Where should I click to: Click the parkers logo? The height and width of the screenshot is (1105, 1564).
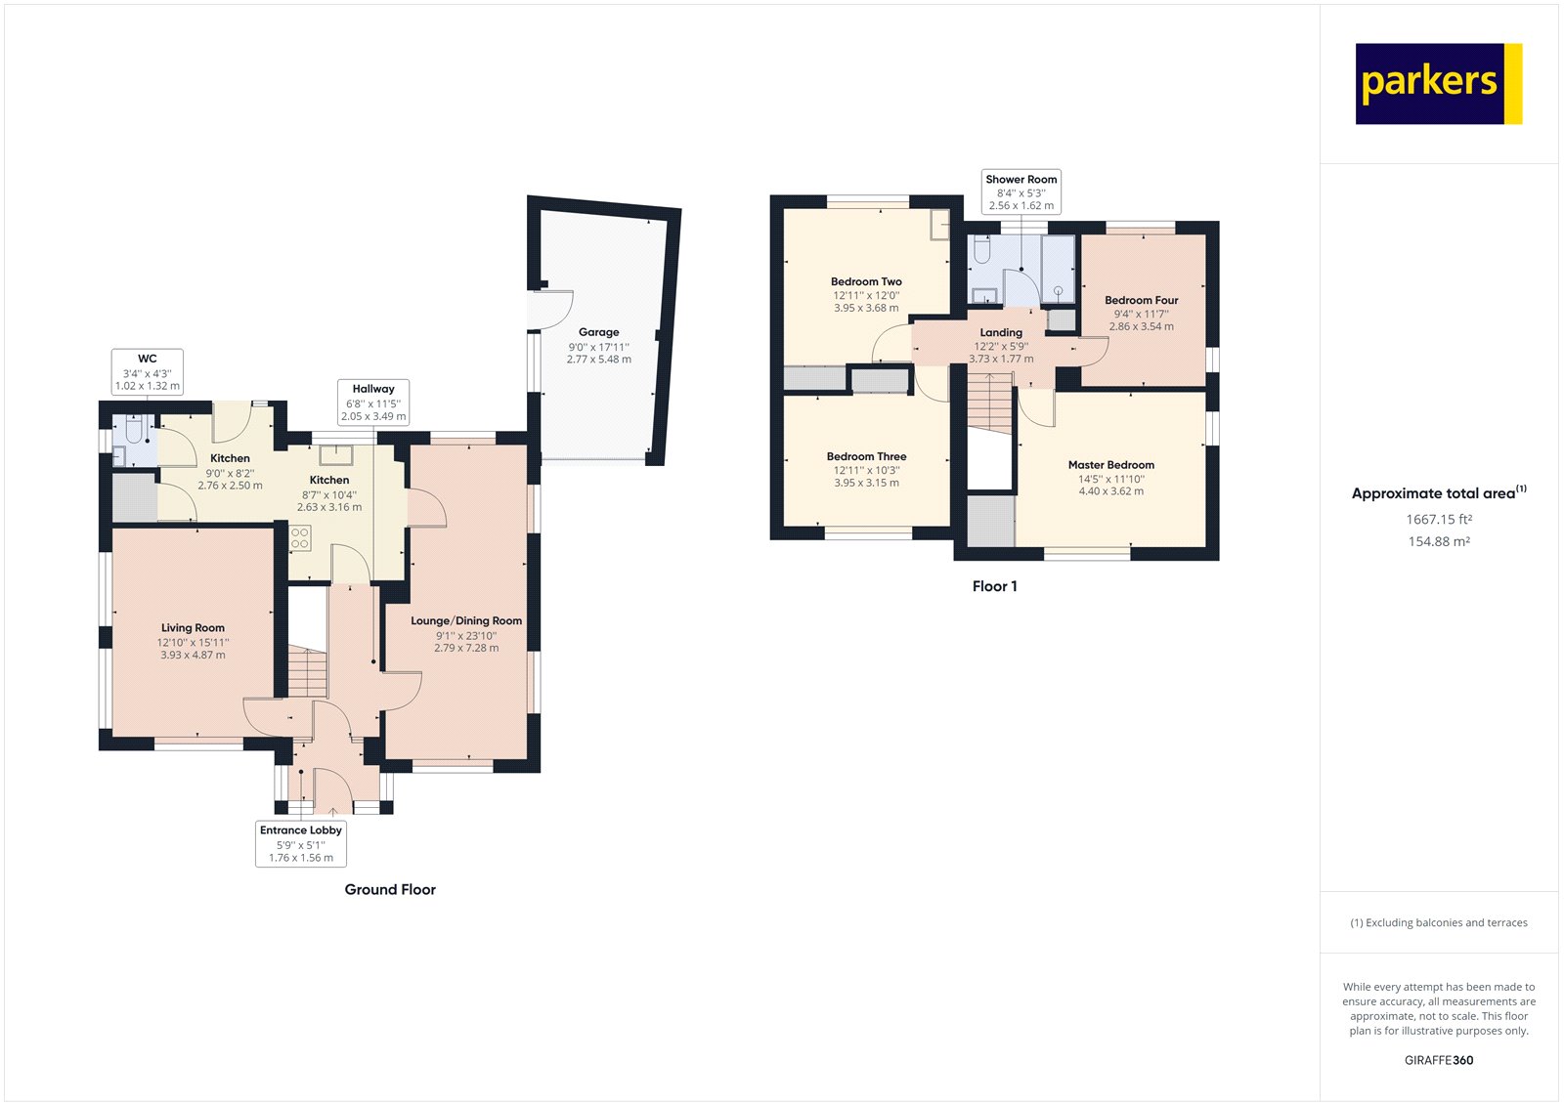(1438, 84)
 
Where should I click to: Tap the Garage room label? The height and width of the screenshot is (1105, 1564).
(598, 332)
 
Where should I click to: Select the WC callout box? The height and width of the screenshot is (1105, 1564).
(148, 372)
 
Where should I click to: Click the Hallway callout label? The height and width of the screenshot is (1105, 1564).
(373, 403)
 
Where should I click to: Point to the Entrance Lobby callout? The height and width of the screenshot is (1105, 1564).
(301, 843)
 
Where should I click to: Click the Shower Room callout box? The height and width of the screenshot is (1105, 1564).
(1021, 191)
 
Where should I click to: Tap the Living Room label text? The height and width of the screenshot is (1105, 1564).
(193, 628)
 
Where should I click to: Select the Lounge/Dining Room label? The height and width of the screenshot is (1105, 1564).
(466, 621)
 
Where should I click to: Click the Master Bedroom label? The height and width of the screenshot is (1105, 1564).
(1110, 465)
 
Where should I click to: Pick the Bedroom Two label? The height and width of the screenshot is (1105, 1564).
(866, 281)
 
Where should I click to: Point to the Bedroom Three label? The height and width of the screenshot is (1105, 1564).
(866, 456)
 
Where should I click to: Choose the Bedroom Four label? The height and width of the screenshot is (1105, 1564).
(1141, 300)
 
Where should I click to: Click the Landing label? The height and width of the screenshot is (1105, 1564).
(1001, 332)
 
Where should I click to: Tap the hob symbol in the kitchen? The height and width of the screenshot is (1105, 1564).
(300, 537)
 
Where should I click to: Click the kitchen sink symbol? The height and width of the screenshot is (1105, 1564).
(335, 454)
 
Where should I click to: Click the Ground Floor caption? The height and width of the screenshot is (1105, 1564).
(390, 889)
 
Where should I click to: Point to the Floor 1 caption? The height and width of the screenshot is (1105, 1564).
(994, 586)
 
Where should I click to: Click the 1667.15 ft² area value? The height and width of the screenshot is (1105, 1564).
(1438, 520)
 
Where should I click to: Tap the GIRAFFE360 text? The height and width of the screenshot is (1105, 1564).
(1438, 1060)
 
